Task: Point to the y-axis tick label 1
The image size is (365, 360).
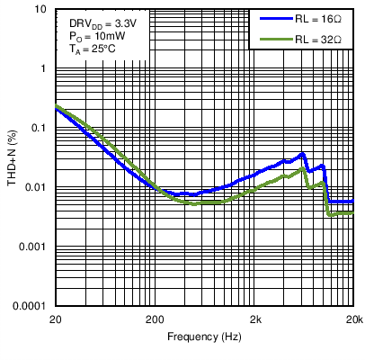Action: tap(45, 68)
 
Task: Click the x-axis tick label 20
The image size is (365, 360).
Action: tap(56, 319)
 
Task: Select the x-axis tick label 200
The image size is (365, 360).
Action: tap(156, 319)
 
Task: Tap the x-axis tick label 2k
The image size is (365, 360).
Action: tap(255, 319)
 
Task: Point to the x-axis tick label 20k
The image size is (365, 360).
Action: tap(353, 319)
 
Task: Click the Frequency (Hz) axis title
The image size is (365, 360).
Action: tap(204, 337)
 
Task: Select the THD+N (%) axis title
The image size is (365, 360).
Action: tap(13, 157)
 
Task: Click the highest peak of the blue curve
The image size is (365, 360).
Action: tap(303, 154)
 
